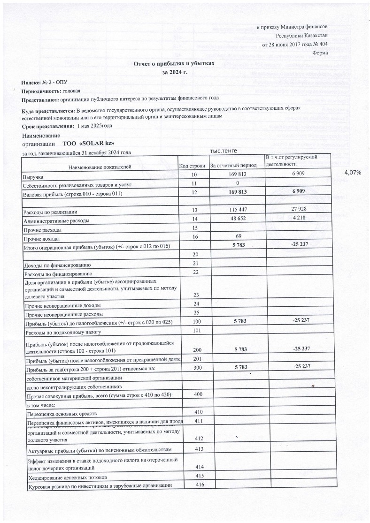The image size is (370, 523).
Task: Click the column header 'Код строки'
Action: point(192,166)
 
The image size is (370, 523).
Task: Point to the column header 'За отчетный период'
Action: point(233,166)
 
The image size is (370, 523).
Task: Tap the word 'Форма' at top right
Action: point(320,53)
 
